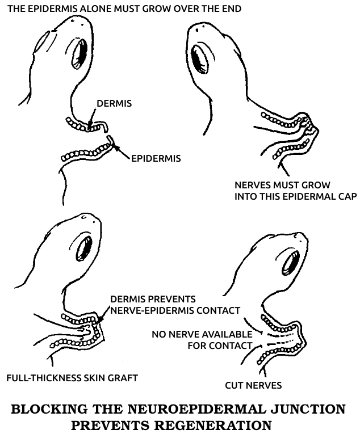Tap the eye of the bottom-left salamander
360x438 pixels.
click(85, 249)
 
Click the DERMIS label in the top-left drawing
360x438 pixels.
click(114, 104)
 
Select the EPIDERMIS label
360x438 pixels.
click(156, 158)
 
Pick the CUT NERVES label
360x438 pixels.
click(253, 386)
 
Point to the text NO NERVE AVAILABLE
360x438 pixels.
click(202, 334)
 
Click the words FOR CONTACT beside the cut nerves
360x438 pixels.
click(220, 346)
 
